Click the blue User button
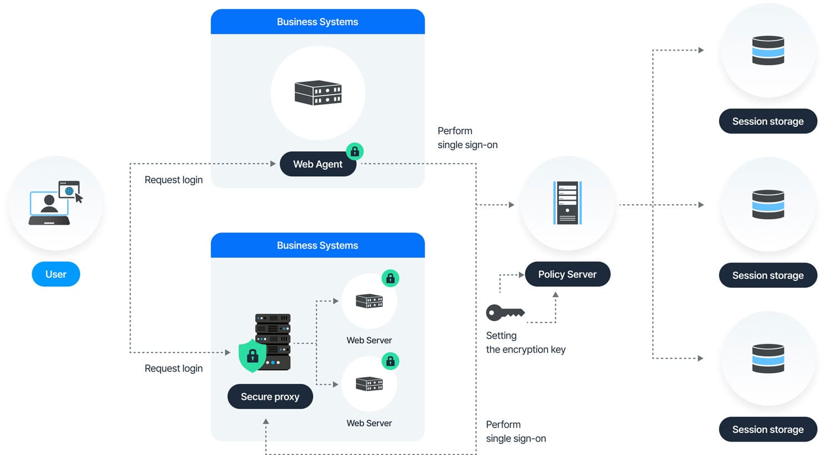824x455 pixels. [56, 274]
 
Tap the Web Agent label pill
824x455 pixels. [317, 164]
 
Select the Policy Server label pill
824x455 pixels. [567, 274]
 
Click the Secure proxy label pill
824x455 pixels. [270, 397]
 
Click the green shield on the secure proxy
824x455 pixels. [252, 355]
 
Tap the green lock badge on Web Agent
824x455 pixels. [355, 151]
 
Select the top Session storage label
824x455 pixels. [767, 121]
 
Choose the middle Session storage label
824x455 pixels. [767, 275]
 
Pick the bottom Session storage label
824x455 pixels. [767, 429]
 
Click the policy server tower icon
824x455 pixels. [567, 203]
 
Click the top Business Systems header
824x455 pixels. [317, 22]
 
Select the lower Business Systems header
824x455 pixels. [317, 245]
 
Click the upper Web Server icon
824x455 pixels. [369, 301]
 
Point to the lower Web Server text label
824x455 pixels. [369, 423]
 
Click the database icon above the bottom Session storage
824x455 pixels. [768, 358]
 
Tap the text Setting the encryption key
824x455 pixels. [525, 343]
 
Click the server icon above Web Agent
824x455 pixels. [318, 93]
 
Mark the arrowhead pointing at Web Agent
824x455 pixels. [273, 164]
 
